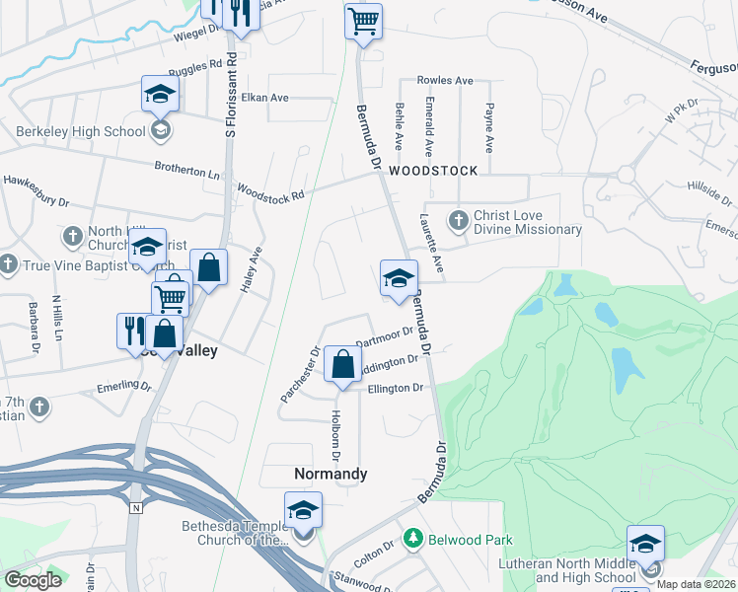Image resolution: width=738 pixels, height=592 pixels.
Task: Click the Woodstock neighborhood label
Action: [432, 171]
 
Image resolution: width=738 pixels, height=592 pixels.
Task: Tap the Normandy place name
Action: [331, 474]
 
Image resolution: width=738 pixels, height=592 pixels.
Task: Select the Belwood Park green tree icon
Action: [412, 539]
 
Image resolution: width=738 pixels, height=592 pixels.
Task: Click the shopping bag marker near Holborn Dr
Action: [341, 364]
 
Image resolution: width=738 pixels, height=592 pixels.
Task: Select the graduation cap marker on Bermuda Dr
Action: [398, 278]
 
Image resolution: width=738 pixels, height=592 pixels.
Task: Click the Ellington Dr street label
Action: [395, 389]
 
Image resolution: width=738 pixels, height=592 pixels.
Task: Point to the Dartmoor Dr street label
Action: [384, 337]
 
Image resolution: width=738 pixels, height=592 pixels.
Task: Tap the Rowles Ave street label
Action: [445, 81]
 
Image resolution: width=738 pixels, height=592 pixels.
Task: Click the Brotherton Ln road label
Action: [186, 170]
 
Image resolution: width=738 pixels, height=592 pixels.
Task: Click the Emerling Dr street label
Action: [121, 387]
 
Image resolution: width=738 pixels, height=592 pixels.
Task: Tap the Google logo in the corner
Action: [34, 579]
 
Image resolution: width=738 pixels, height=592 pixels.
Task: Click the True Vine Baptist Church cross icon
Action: [8, 263]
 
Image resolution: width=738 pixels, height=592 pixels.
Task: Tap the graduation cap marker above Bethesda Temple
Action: [303, 511]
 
